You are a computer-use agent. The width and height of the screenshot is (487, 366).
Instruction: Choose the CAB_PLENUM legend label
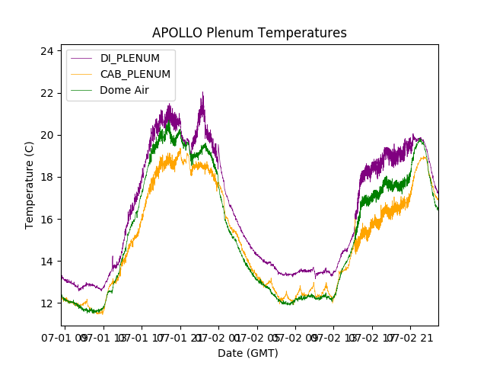(x=135, y=74)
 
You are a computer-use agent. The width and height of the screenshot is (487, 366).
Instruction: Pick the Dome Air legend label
(x=124, y=90)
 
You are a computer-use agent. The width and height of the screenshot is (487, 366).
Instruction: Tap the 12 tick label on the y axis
(x=47, y=303)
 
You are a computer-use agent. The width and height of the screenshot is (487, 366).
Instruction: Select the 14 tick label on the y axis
(x=47, y=262)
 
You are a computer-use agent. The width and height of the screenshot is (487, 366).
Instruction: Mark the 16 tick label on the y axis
(x=47, y=220)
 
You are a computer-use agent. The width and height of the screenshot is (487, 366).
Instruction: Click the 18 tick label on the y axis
(x=47, y=178)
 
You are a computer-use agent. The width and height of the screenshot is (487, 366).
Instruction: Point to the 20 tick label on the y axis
(x=47, y=136)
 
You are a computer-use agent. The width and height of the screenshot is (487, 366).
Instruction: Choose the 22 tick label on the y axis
(x=47, y=93)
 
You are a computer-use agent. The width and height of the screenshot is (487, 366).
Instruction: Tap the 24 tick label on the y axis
(x=47, y=51)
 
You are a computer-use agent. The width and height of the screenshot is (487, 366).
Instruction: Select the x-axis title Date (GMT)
(x=248, y=353)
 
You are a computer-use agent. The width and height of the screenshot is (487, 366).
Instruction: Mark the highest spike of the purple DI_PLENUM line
(x=202, y=92)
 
